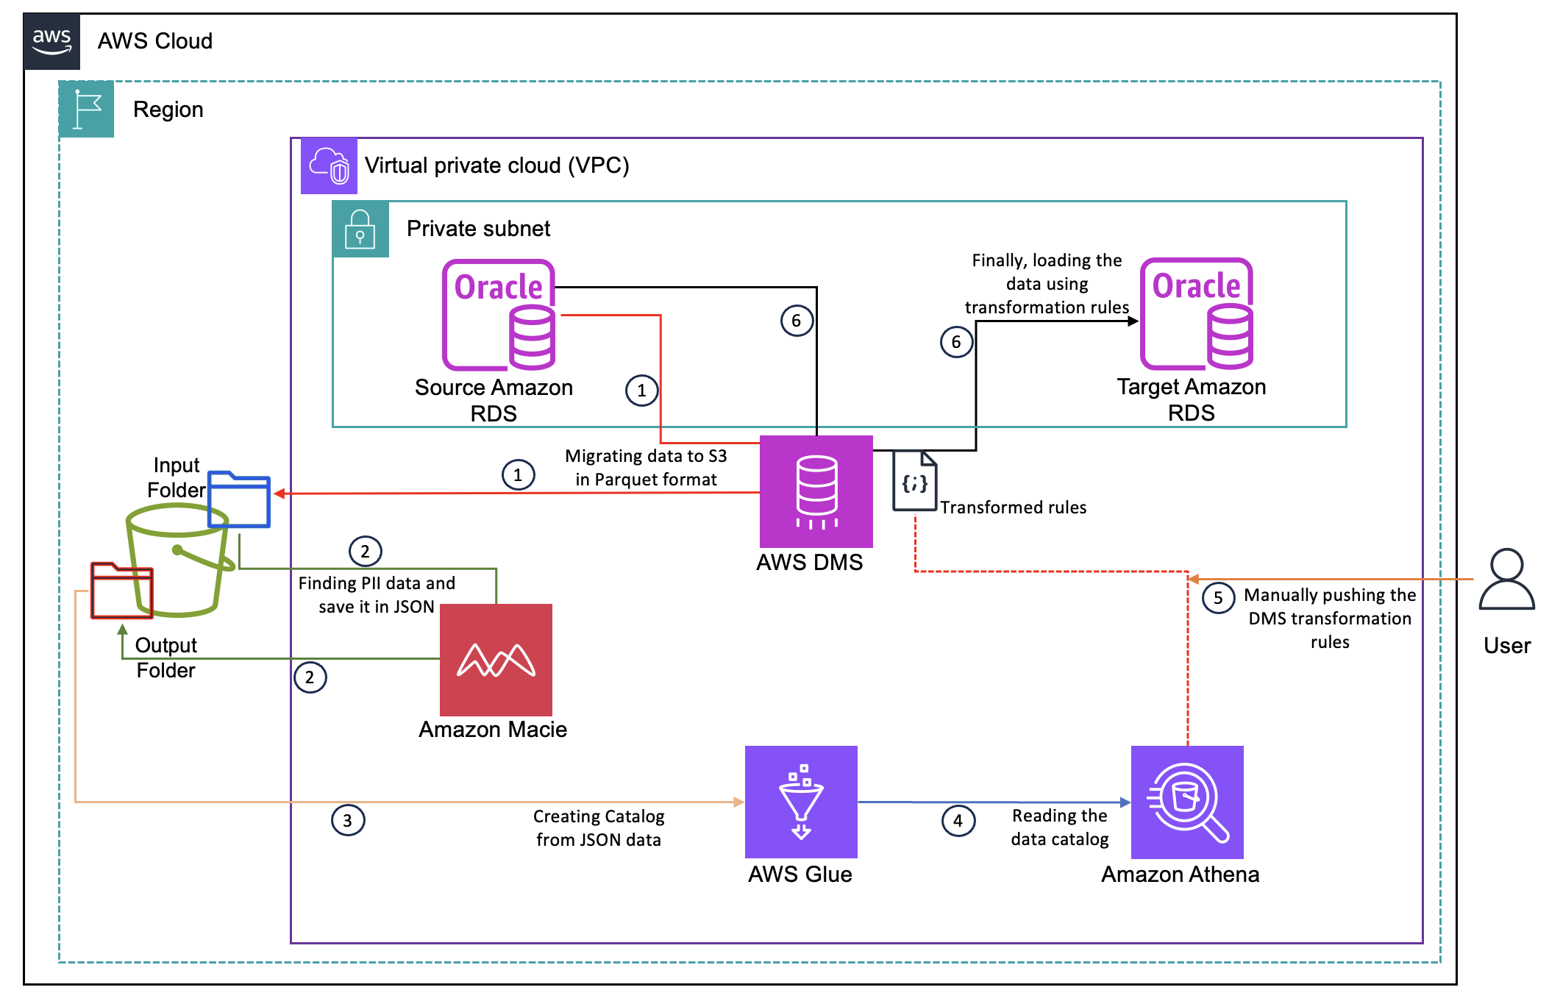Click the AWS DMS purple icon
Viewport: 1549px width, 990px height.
816,491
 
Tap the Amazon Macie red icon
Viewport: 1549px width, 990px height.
496,660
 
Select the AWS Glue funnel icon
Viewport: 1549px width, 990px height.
801,802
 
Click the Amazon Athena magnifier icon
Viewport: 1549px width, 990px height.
1187,802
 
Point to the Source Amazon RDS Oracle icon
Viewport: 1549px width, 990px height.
499,315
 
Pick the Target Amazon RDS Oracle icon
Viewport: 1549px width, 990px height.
1197,313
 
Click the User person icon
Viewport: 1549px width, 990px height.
1506,580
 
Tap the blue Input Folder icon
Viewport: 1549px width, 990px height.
239,499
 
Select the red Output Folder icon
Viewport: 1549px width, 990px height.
122,591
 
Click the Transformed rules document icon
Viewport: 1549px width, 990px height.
915,481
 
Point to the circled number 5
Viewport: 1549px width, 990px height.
1218,597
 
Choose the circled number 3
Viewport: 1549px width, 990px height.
347,820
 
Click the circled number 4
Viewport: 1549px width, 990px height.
958,820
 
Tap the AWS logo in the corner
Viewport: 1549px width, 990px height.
51,41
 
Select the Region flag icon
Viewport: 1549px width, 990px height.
87,110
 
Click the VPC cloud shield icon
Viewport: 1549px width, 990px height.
329,165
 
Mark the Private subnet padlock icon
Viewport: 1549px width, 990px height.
360,229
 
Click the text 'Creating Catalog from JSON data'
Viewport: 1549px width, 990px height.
599,827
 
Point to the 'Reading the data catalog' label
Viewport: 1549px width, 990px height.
1060,827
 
